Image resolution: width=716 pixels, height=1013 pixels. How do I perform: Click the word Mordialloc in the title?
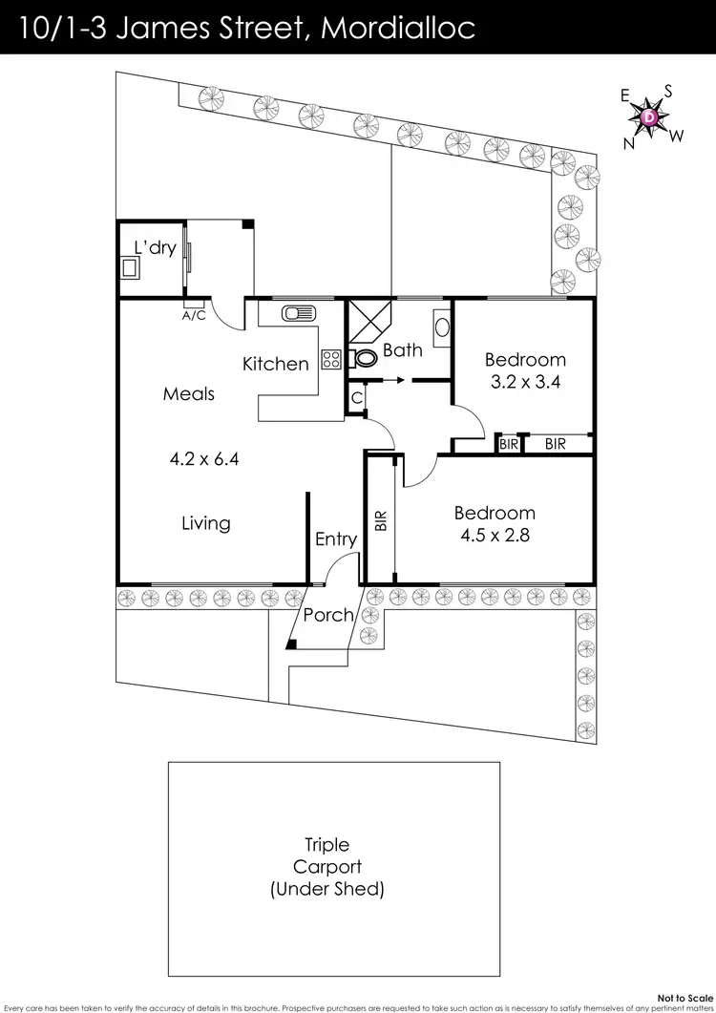point(398,28)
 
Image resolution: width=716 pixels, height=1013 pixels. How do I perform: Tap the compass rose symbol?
point(649,117)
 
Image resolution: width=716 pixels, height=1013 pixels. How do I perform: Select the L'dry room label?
point(154,248)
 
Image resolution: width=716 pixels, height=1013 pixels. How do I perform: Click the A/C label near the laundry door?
point(194,315)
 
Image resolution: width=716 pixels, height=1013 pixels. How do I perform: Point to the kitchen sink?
point(296,312)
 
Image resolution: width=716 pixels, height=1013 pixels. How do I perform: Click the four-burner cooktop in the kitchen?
point(331,360)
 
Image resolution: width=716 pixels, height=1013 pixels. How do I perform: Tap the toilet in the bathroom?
point(361,359)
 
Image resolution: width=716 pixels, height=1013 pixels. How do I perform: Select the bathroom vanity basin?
point(442,327)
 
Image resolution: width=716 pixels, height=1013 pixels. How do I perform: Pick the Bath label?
point(402,350)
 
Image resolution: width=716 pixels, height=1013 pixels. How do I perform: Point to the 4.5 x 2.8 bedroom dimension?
point(494,536)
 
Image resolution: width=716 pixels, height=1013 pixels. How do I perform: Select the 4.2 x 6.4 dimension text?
point(202,458)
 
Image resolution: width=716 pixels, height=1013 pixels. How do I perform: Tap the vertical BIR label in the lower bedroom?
point(380,520)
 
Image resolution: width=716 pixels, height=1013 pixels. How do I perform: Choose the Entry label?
point(336,539)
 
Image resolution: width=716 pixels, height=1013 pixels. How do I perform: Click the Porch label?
point(328,615)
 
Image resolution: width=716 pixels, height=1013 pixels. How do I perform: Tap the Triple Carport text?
point(327,855)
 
